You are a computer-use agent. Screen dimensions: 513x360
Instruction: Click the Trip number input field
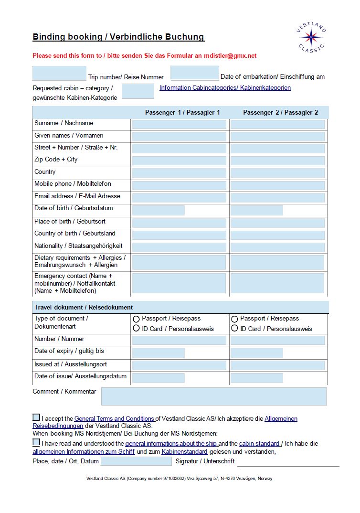pos(59,73)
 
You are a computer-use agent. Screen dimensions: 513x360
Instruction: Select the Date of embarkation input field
pos(194,73)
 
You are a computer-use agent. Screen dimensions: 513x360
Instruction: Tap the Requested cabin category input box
pos(138,91)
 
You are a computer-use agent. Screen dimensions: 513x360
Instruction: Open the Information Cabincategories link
pos(225,88)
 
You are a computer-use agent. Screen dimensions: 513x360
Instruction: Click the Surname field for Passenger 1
pos(179,124)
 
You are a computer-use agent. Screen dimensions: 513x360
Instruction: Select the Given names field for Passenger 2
pos(277,136)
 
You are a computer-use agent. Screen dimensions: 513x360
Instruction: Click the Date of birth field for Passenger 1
pos(158,210)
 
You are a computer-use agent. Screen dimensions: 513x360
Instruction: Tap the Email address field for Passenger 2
pos(277,197)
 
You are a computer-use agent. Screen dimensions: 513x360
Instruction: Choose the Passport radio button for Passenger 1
pos(136,319)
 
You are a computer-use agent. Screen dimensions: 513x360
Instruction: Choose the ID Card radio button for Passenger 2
pos(234,329)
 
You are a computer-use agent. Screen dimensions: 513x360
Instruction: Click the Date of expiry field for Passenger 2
pos(256,353)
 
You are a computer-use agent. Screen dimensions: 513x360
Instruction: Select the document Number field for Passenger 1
pos(179,340)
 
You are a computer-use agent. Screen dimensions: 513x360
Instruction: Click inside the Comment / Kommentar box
pos(213,396)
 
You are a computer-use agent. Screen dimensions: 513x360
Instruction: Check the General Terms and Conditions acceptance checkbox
pos(36,417)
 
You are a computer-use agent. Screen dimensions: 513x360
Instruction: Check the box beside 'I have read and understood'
pos(36,442)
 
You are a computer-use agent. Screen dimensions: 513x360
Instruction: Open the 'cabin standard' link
pos(259,444)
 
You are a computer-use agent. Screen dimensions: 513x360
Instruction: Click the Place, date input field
pos(136,461)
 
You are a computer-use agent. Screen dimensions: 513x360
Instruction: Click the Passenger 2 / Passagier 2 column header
pos(280,113)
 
